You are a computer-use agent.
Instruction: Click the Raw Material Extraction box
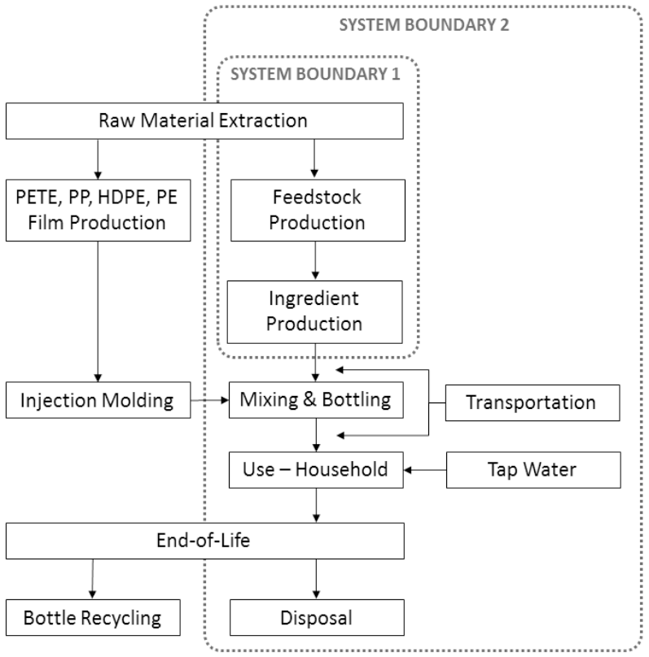[x=204, y=120]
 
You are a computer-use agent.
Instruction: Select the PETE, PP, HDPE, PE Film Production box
[x=99, y=211]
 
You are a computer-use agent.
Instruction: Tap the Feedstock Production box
[x=318, y=211]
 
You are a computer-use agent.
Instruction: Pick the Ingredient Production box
[x=314, y=312]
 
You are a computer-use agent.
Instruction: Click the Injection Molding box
[x=99, y=400]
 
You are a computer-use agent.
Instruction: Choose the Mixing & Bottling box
[x=316, y=400]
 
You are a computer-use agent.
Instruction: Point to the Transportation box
[x=533, y=402]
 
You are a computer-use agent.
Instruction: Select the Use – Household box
[x=316, y=470]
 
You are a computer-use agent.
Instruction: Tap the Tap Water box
[x=533, y=470]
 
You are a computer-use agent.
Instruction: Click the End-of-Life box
[x=205, y=541]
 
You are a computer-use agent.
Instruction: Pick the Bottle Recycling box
[x=93, y=618]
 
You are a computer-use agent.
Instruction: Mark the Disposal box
[x=317, y=618]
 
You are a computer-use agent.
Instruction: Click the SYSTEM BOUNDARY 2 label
[x=424, y=25]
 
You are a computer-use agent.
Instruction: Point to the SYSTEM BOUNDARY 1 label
[x=315, y=74]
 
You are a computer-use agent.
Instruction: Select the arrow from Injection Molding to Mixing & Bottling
[x=210, y=400]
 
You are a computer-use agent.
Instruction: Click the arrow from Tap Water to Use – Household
[x=425, y=470]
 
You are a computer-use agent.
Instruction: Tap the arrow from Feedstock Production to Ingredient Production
[x=315, y=261]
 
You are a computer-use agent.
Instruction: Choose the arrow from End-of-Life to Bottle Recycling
[x=93, y=579]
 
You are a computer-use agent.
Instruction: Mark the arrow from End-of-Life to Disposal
[x=316, y=579]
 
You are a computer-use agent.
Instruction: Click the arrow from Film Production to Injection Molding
[x=98, y=311]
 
